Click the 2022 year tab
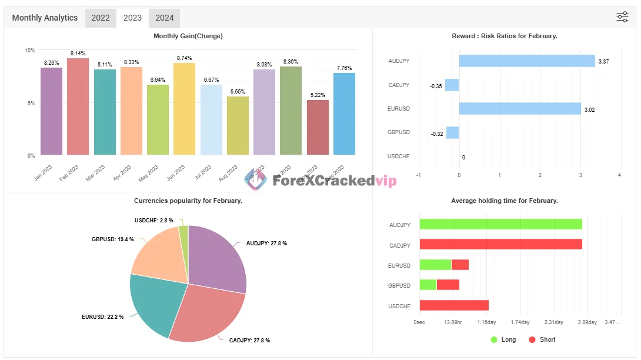coord(101,18)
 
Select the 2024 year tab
coord(164,18)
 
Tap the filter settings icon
coord(622,17)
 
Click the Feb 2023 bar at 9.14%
coord(78,106)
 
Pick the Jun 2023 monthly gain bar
coord(184,109)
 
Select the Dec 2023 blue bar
coord(344,114)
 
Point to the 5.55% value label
coord(238,92)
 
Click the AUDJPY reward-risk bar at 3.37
coord(526,61)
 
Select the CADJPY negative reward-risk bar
coord(452,85)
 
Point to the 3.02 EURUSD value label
coord(590,109)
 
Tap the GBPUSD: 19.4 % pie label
coord(112,239)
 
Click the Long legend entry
coord(503,339)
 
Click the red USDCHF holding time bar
coord(454,305)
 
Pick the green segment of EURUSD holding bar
coord(435,265)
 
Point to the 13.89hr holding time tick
coord(453,322)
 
